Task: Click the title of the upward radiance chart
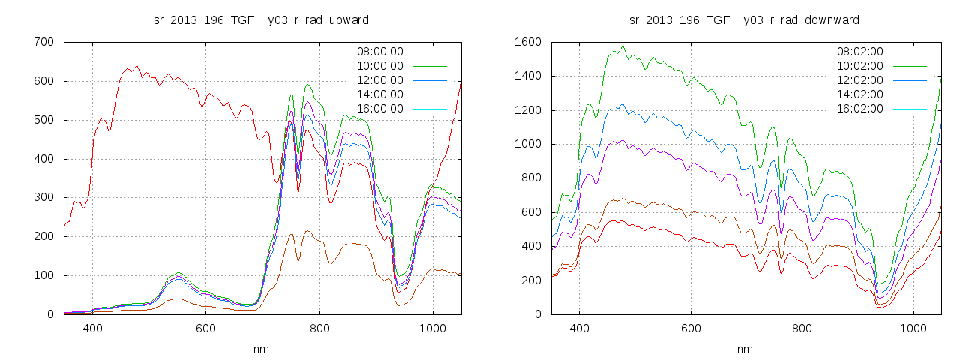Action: (x=261, y=19)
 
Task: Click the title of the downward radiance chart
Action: (x=744, y=19)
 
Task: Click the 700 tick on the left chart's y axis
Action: (x=43, y=42)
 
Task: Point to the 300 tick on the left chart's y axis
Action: (x=43, y=197)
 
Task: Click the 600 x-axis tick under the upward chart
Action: (x=205, y=328)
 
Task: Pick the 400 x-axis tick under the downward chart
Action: (x=579, y=328)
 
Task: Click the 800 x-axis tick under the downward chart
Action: (x=802, y=328)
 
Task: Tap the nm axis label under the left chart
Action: (x=261, y=349)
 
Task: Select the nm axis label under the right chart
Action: (x=744, y=349)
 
